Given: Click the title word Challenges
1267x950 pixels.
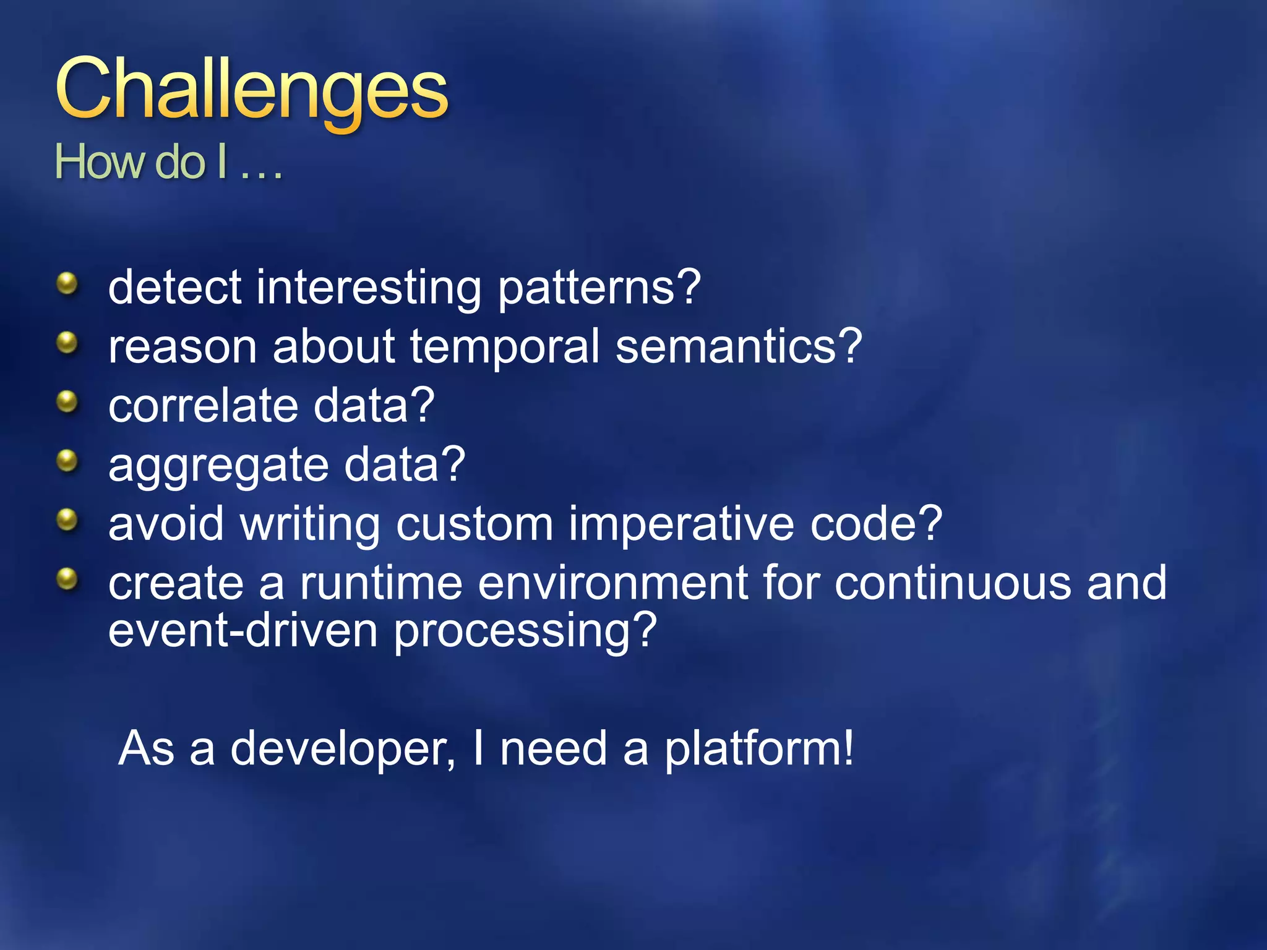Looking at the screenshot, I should pos(251,90).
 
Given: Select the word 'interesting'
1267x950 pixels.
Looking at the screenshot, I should pos(369,288).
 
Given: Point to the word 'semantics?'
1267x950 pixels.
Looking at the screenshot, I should pos(738,346).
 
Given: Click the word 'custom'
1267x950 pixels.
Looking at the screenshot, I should pos(474,524).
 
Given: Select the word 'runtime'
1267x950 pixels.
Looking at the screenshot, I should pos(381,583).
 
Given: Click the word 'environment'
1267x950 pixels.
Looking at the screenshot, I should pos(612,583).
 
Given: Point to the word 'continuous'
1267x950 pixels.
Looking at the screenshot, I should pos(953,583).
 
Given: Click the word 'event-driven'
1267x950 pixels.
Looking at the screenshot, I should pos(243,631).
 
